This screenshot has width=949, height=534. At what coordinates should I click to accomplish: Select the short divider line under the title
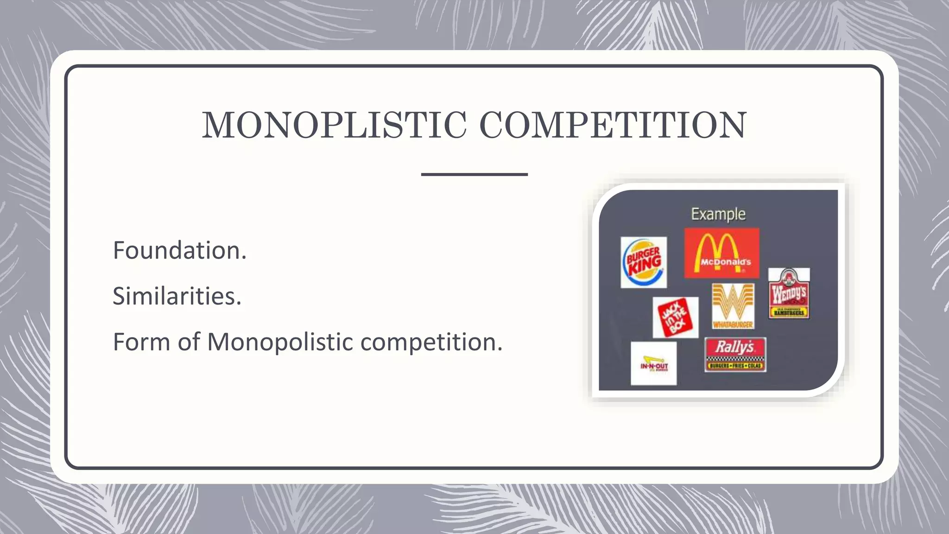coord(474,174)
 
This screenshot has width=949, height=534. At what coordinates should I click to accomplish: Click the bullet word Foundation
coord(179,250)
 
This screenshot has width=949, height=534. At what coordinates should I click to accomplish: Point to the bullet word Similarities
coord(177,296)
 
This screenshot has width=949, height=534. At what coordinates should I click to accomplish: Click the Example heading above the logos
coord(718,214)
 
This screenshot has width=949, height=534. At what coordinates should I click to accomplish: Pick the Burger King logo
coord(644,262)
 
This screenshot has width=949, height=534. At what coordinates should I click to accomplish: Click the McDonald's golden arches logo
coord(721,253)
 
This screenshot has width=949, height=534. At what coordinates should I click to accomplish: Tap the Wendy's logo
coord(789,293)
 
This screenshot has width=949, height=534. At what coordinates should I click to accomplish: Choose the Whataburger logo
coord(733,306)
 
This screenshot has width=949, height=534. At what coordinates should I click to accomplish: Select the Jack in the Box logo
coord(675,318)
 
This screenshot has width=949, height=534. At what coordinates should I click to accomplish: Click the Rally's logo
coord(735,355)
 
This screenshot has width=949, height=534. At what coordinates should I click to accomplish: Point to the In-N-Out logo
coord(653,363)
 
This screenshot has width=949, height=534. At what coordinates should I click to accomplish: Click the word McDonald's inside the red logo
coord(725,262)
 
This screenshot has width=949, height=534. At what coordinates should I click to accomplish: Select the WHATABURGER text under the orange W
coord(733,324)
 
